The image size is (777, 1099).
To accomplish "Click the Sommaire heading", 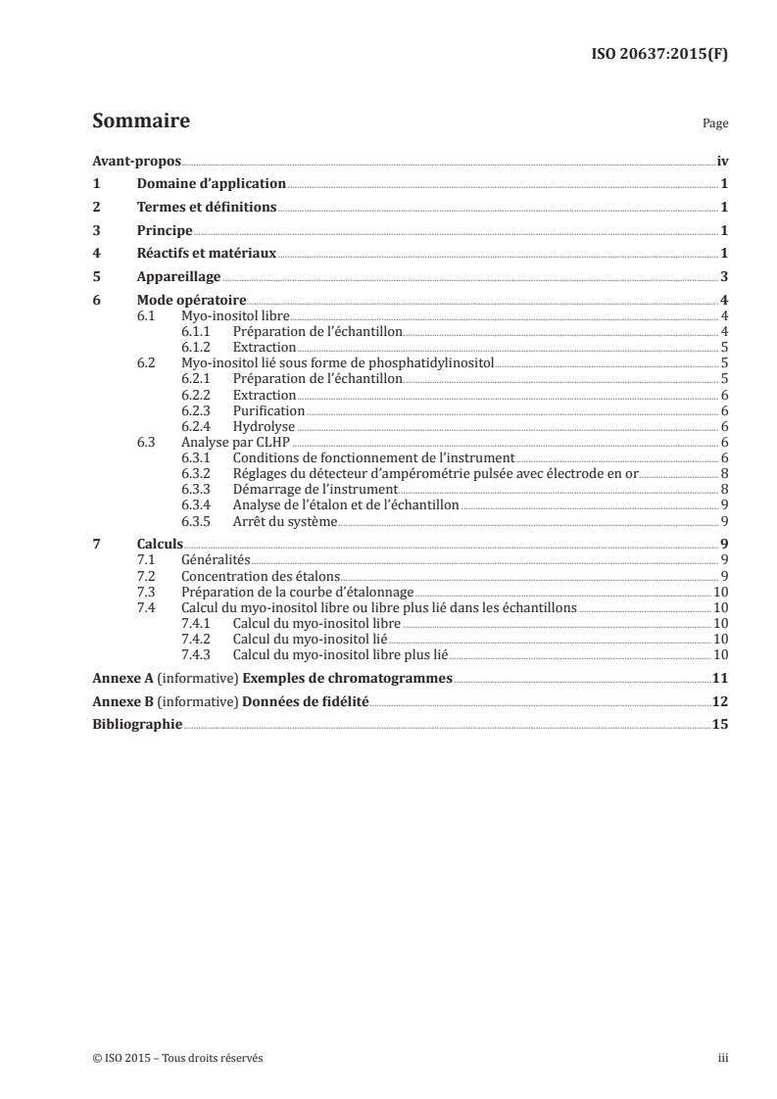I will [x=140, y=121].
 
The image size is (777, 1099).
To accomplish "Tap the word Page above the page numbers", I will [x=715, y=124].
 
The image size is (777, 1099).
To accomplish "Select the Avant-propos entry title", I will [x=130, y=160].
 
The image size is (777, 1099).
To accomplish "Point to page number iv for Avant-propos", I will [x=721, y=160].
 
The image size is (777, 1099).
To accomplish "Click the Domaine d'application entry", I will [x=211, y=183].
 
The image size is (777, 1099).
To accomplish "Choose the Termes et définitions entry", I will [x=207, y=207].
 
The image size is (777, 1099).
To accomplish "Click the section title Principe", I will [x=165, y=230].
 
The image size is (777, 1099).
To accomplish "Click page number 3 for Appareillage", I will [x=724, y=277].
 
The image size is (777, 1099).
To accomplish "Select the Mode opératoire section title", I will [x=191, y=301].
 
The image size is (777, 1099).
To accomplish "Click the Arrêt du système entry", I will [x=285, y=521].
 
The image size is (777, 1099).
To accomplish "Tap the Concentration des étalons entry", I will [x=260, y=576].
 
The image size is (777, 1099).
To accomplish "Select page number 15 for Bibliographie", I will [x=720, y=725].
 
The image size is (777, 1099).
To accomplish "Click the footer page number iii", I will [x=722, y=1058].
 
